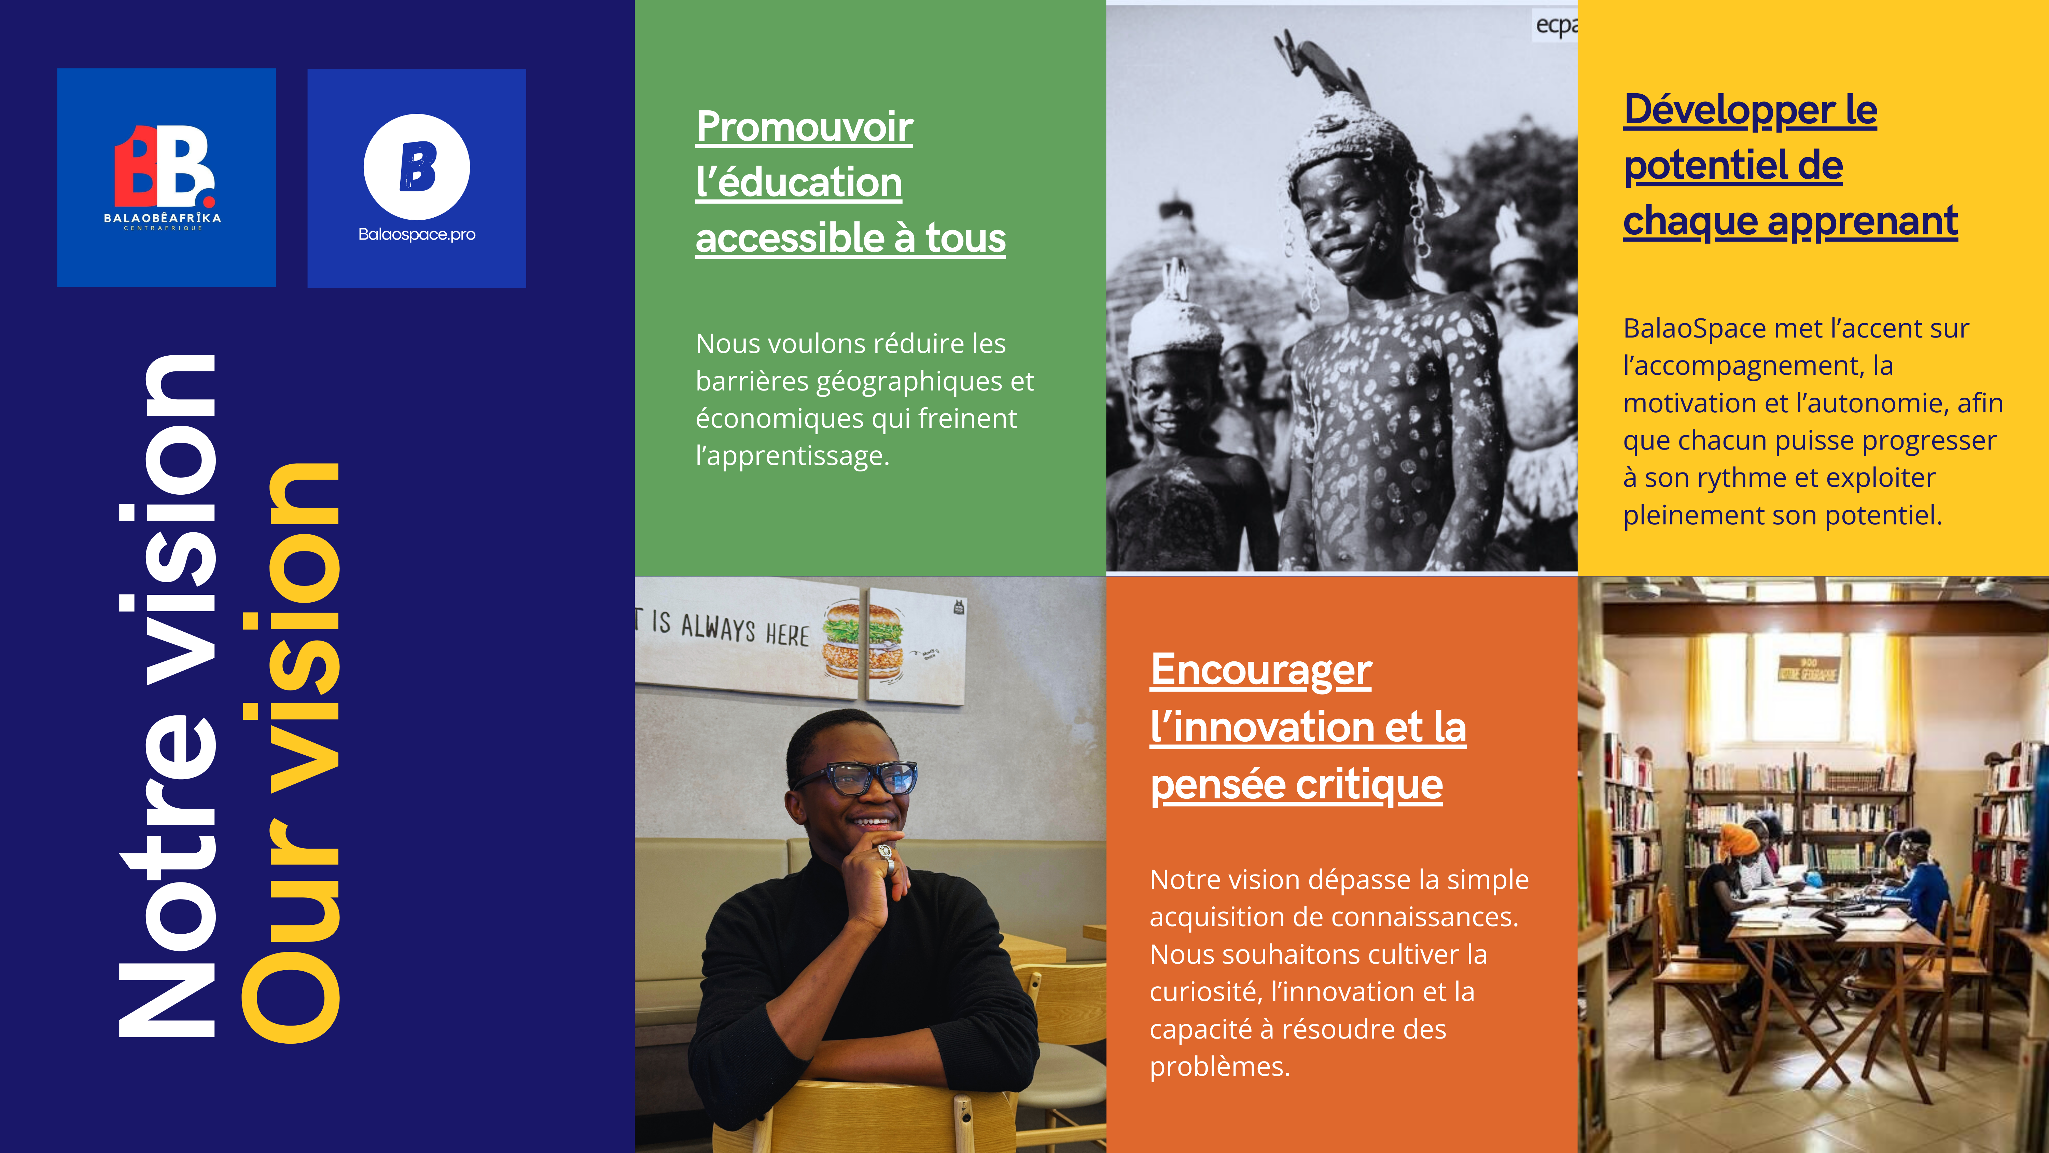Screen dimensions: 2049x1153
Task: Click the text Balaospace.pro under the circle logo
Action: pyautogui.click(x=417, y=234)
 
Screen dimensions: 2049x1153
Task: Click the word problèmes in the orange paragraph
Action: pyautogui.click(x=1219, y=1066)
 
